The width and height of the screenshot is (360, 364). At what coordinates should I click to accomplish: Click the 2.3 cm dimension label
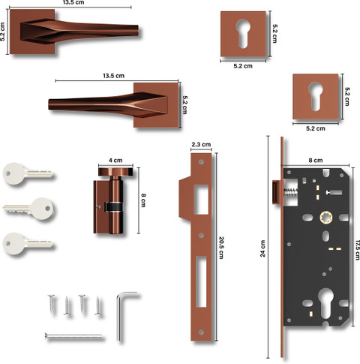click(x=201, y=144)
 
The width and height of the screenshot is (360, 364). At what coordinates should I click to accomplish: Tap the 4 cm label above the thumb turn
click(x=115, y=161)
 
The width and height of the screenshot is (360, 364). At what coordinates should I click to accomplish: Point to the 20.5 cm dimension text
click(x=221, y=248)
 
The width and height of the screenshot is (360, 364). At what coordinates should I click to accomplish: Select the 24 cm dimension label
click(x=262, y=248)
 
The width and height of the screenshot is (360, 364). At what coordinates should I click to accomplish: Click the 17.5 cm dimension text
click(x=358, y=250)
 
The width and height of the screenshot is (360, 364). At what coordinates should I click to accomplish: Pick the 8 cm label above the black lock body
click(x=316, y=160)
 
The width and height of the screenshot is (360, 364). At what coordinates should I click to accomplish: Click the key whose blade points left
click(x=28, y=209)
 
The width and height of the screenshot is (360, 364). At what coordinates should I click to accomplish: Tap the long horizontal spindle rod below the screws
click(x=73, y=336)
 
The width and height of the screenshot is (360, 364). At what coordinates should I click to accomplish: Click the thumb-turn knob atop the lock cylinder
click(x=115, y=172)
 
